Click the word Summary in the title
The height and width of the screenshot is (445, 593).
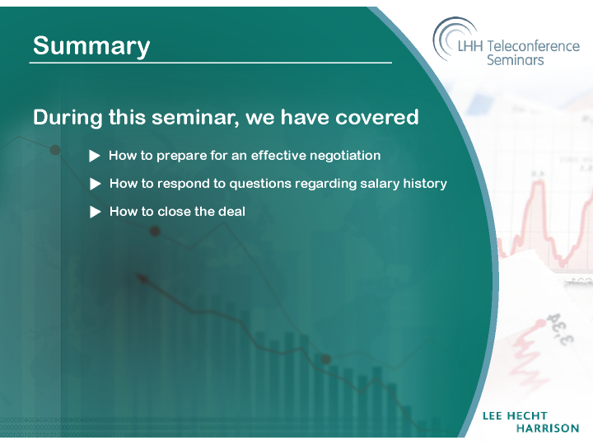click(x=91, y=46)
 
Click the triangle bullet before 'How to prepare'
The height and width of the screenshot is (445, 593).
click(x=95, y=156)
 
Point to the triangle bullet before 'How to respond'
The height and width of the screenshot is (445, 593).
click(x=96, y=184)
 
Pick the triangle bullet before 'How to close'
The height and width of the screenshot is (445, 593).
click(x=96, y=212)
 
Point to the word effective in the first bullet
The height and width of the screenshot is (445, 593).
click(x=278, y=156)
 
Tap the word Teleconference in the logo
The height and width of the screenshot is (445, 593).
click(x=533, y=46)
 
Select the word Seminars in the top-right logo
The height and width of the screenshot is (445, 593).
click(x=515, y=60)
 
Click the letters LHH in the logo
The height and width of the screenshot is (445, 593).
click(x=470, y=46)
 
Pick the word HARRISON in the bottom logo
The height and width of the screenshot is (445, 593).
click(x=548, y=429)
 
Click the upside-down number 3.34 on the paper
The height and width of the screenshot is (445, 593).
click(x=558, y=329)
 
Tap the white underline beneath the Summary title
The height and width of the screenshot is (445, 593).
click(x=211, y=63)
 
